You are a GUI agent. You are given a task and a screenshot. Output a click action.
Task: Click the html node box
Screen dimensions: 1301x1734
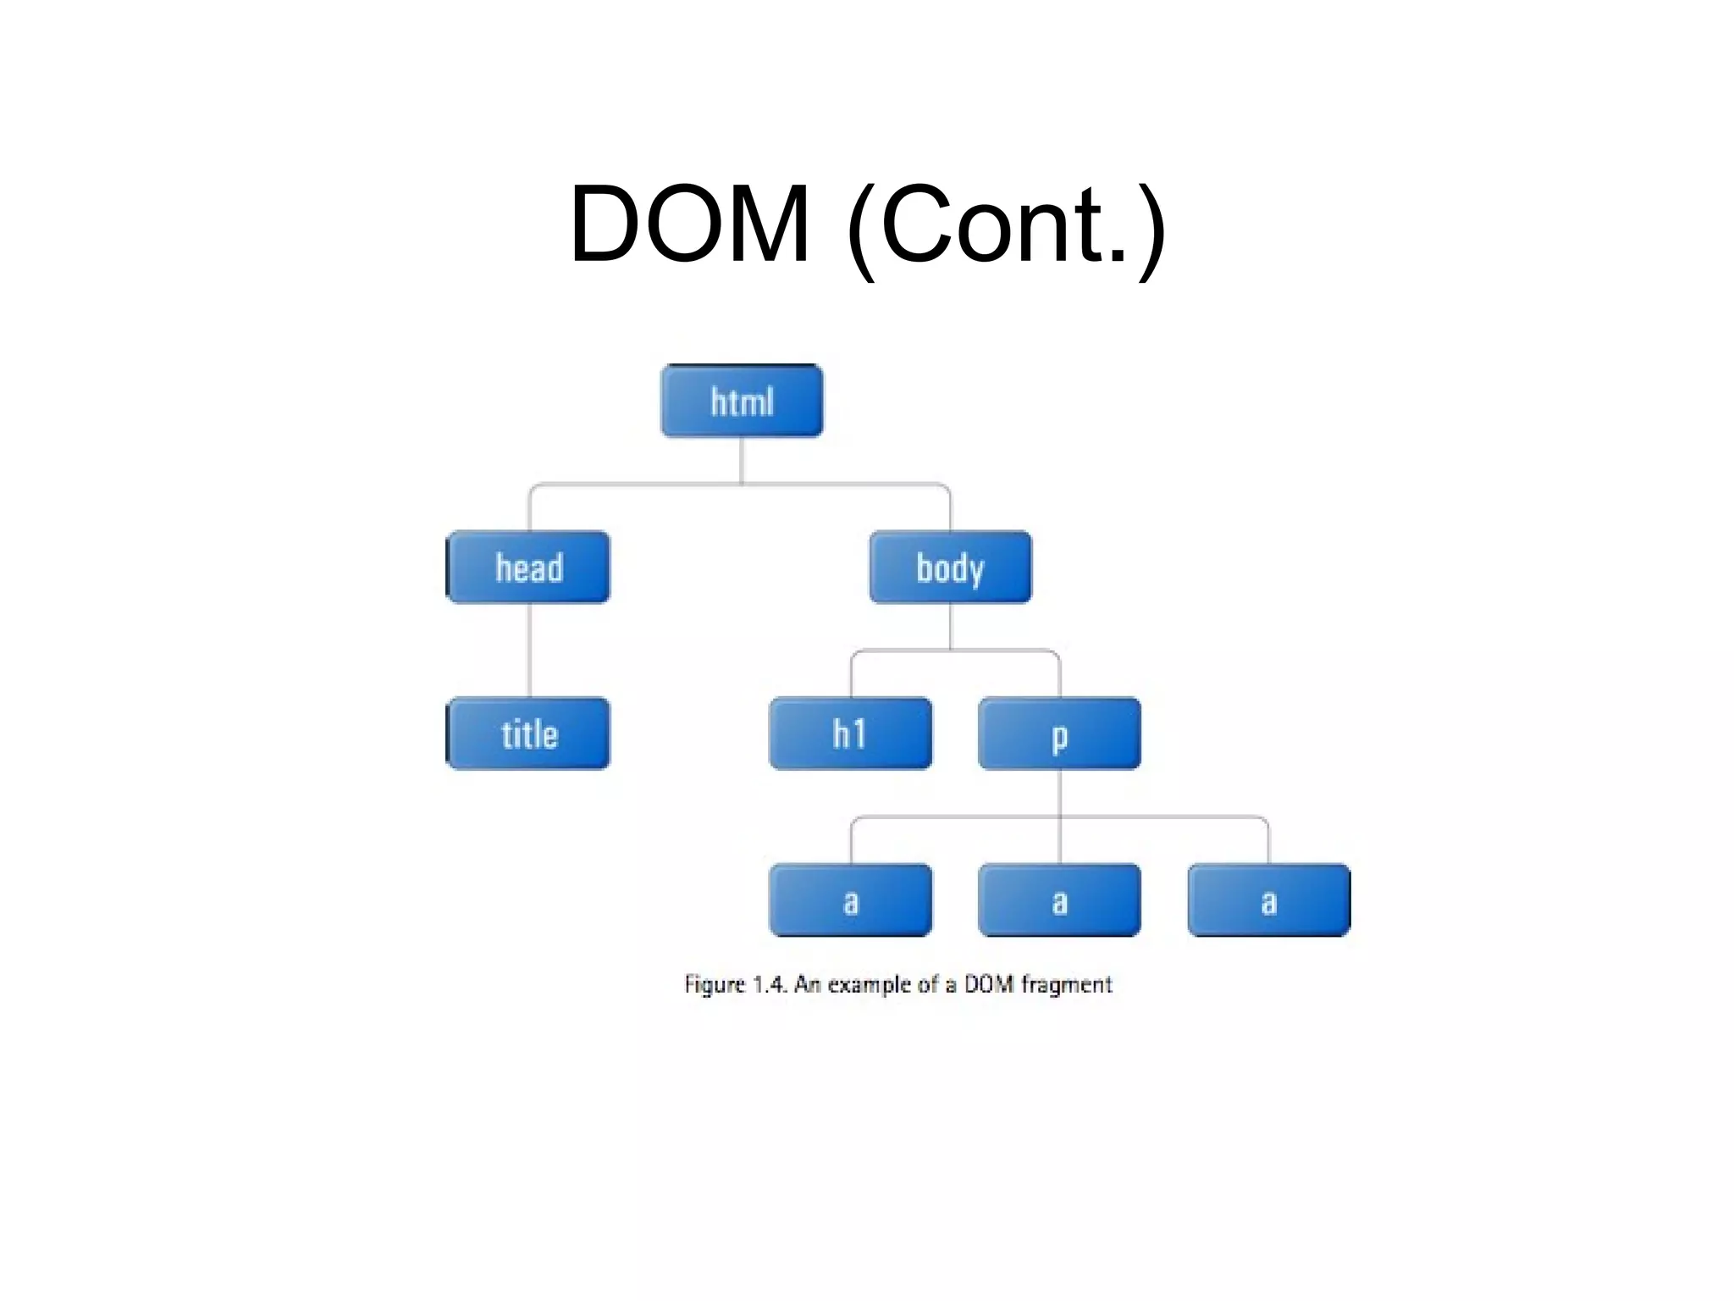tap(742, 401)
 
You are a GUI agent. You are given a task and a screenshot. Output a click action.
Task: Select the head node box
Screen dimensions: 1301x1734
tap(528, 567)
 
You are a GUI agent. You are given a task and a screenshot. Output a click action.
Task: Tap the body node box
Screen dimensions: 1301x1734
tap(950, 567)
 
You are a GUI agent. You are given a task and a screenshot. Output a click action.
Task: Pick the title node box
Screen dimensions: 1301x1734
tap(528, 734)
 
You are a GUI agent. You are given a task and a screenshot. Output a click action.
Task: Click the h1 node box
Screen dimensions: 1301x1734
tap(850, 734)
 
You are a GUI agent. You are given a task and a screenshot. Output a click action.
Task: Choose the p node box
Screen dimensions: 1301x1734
tap(1059, 734)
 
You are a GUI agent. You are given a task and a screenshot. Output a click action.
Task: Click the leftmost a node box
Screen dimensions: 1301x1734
tap(850, 900)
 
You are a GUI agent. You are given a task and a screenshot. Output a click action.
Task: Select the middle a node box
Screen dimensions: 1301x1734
tap(1059, 900)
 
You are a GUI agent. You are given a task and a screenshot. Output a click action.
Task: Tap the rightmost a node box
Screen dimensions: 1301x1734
tap(1268, 900)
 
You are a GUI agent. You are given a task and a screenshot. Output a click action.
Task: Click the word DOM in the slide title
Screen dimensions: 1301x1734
tap(689, 224)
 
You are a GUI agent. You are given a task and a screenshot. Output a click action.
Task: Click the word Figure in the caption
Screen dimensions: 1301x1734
tap(715, 984)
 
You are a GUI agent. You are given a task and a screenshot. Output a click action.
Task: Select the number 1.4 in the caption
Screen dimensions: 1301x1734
tap(770, 984)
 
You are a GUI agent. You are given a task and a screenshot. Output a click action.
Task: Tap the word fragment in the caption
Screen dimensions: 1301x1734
tap(1066, 984)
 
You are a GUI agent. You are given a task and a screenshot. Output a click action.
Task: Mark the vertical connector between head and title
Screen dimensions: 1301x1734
tap(530, 650)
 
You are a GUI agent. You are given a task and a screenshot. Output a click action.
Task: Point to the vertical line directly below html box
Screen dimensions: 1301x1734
tap(742, 460)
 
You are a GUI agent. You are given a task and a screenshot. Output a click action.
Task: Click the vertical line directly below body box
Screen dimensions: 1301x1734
tap(950, 626)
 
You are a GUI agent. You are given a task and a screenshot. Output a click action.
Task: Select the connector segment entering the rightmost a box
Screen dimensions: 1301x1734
tap(1268, 843)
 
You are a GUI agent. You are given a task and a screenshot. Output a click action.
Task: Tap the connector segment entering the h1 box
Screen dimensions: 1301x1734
tap(851, 676)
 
